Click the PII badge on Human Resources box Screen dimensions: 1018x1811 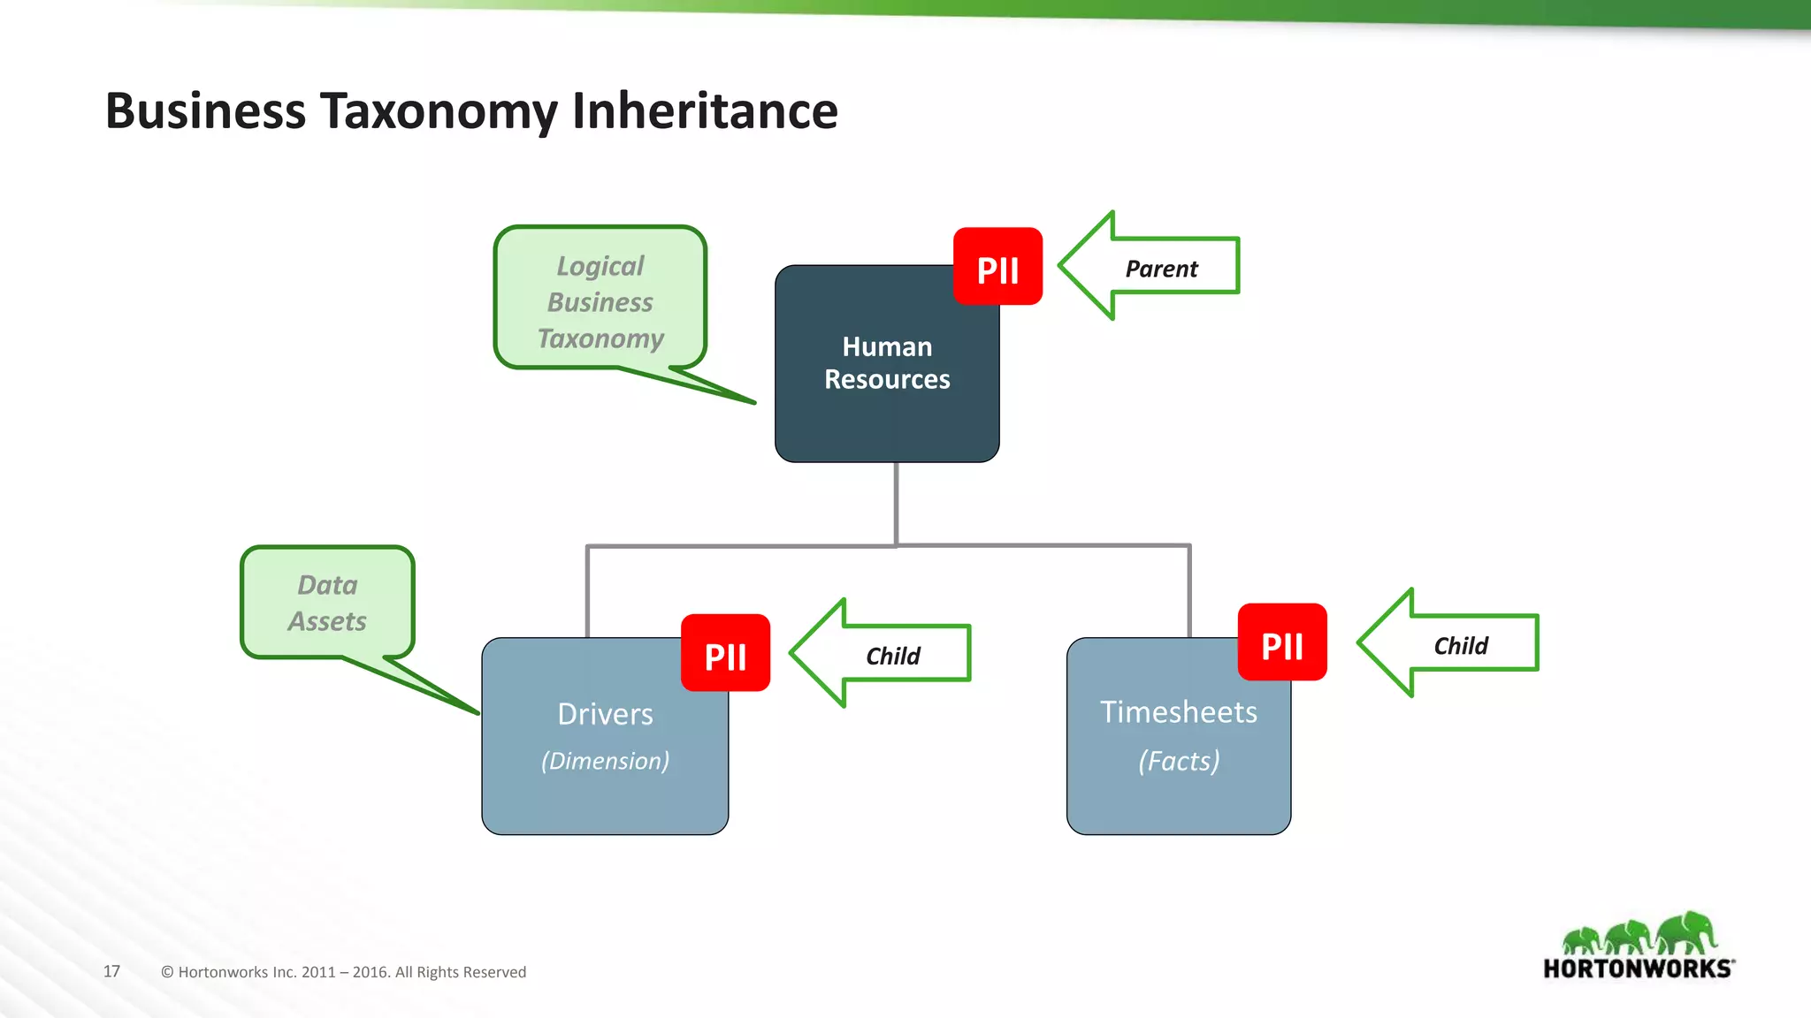[x=997, y=267]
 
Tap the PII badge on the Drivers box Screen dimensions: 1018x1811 [x=725, y=653]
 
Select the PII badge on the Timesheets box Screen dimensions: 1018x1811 [x=1282, y=642]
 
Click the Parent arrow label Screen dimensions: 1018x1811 [x=1161, y=269]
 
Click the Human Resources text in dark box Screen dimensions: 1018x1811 [x=887, y=363]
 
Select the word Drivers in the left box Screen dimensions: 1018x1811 [x=605, y=714]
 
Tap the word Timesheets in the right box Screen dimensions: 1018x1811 [x=1178, y=712]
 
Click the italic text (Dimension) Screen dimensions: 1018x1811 [x=605, y=761]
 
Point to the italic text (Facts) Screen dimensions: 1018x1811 [x=1179, y=761]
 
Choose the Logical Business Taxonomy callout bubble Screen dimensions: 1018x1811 [x=600, y=301]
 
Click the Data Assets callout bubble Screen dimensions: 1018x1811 [x=327, y=603]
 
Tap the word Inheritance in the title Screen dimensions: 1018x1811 [x=705, y=111]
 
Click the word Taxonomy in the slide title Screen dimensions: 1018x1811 [x=439, y=111]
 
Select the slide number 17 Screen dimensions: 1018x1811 [x=111, y=971]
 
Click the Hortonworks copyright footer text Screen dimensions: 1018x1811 [x=343, y=972]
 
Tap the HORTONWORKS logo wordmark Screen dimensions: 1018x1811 [x=1638, y=969]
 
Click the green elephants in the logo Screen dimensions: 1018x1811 [x=1638, y=932]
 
